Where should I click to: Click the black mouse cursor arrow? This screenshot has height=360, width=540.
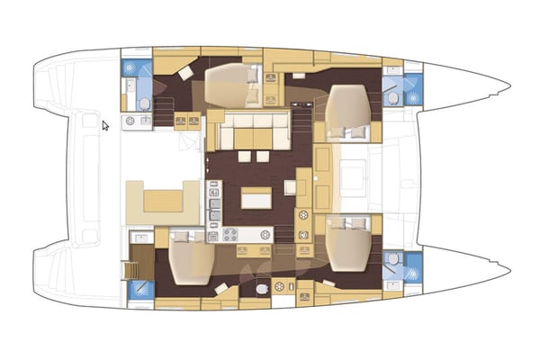pos(105,126)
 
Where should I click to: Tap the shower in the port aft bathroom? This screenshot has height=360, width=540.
pos(134,67)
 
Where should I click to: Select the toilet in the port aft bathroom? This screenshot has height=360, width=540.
pos(130,88)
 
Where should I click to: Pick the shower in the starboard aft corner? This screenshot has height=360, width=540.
pos(140,290)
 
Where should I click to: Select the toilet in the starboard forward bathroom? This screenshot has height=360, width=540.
pos(392,260)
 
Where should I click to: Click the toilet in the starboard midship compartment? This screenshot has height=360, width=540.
pos(262,289)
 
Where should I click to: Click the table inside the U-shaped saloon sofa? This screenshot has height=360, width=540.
pos(254,136)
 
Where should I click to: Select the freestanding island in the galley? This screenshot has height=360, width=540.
pos(256,195)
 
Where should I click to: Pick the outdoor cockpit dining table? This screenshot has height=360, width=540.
pos(162,198)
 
